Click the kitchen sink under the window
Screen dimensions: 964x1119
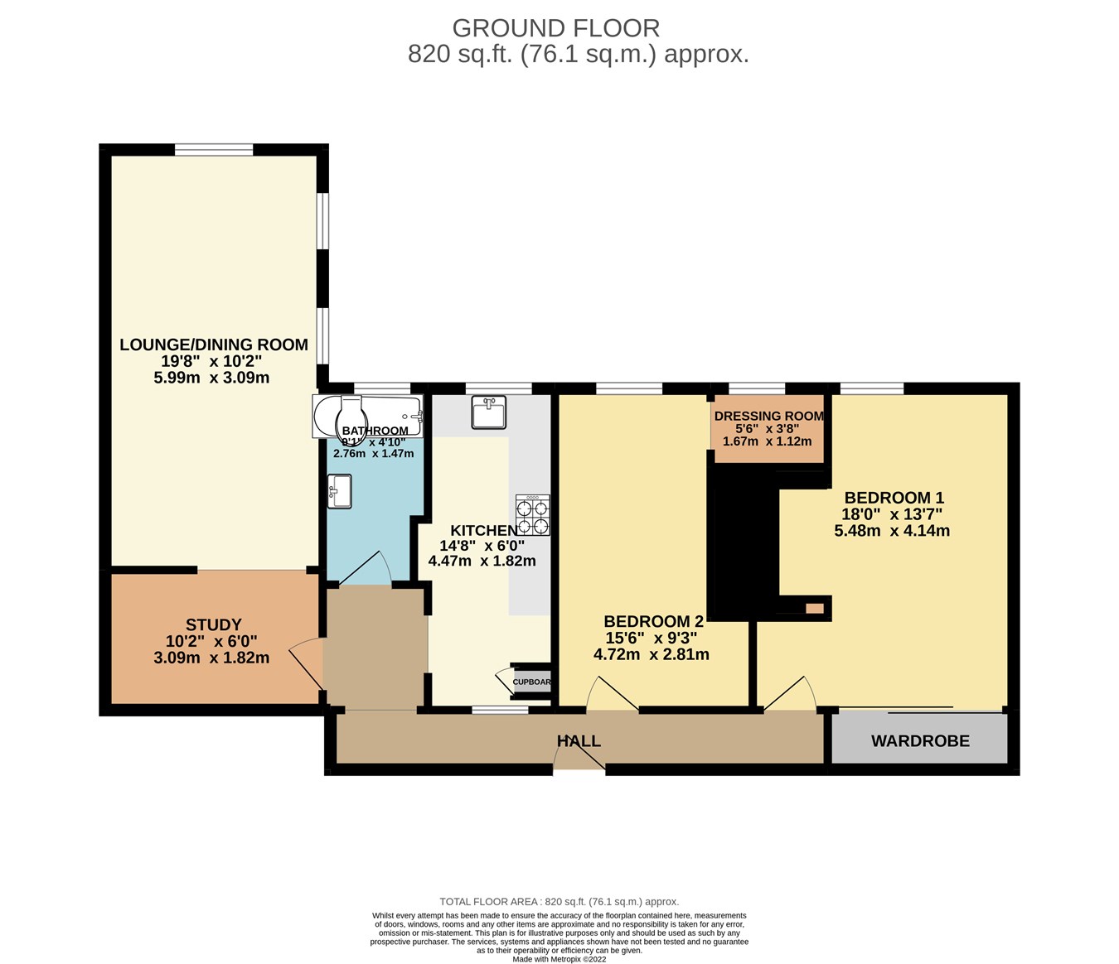click(x=488, y=412)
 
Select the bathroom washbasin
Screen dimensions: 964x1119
click(x=339, y=491)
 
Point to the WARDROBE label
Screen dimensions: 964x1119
click(x=920, y=741)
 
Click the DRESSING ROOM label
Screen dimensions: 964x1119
click(x=769, y=417)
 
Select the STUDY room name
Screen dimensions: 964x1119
click(x=214, y=624)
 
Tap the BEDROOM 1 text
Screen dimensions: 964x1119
click(x=894, y=498)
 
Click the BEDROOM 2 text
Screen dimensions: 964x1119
click(x=653, y=621)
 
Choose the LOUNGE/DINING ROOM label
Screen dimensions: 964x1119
click(x=214, y=345)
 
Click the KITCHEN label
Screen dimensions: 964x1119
click(x=483, y=531)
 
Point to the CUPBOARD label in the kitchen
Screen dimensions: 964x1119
click(x=531, y=682)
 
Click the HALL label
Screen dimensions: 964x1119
click(x=579, y=741)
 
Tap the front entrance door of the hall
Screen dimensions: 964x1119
click(x=579, y=762)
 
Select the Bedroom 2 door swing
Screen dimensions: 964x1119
click(x=611, y=694)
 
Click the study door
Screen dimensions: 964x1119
click(x=307, y=663)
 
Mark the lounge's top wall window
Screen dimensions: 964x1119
click(x=214, y=150)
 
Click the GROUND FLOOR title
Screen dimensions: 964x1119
click(x=556, y=28)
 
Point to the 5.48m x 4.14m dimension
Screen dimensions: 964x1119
click(x=892, y=531)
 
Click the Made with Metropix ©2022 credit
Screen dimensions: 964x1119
click(x=559, y=959)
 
